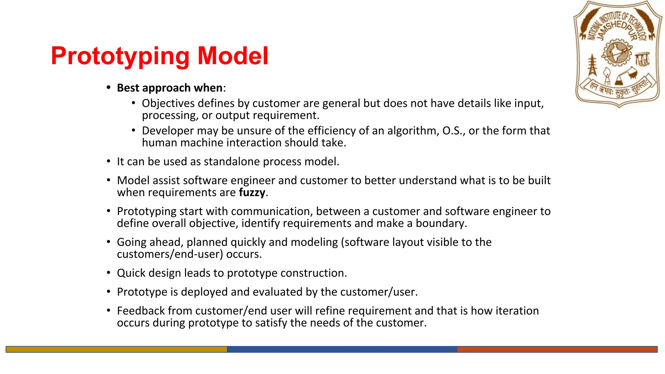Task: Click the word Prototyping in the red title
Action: click(120, 56)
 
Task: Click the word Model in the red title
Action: click(233, 56)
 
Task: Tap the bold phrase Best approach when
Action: click(169, 88)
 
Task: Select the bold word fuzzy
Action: click(252, 193)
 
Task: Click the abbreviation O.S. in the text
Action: click(453, 131)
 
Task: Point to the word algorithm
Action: click(413, 131)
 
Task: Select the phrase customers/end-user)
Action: click(170, 254)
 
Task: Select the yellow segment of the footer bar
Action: click(116, 349)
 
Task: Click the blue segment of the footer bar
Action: click(342, 349)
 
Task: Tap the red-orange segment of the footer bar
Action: click(557, 349)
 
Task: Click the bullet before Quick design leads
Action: click(109, 273)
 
